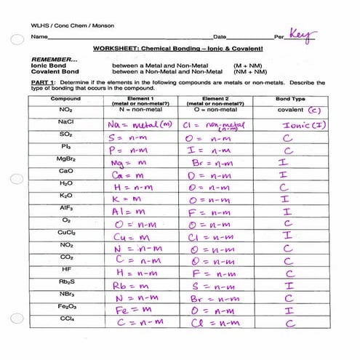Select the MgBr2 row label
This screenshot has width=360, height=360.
pos(66,158)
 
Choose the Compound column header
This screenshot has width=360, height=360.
pos(66,97)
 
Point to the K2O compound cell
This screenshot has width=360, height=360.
pos(66,195)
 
